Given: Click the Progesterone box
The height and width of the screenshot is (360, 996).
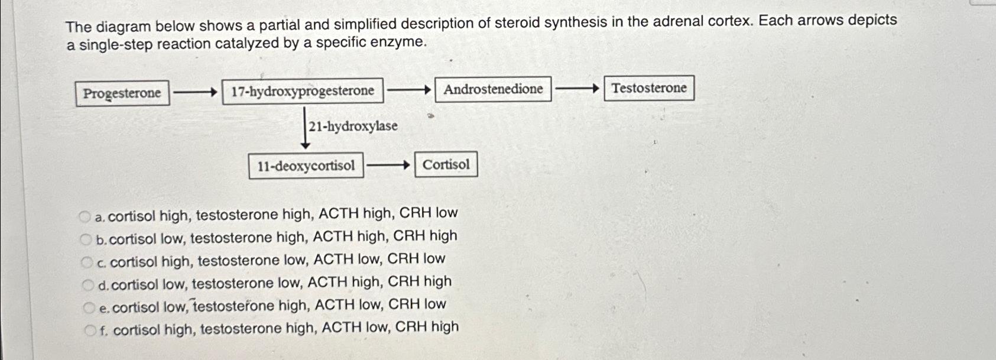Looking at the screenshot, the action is point(122,93).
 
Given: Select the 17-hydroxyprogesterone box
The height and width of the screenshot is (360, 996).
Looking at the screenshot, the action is point(303,91).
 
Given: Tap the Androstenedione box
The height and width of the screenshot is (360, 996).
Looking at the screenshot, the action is point(493,89).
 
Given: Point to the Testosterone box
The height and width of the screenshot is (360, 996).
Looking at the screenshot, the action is point(648,88).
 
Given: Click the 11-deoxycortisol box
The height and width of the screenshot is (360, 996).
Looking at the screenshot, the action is point(306,166).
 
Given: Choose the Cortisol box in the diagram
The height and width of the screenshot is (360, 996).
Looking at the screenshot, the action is point(446,164).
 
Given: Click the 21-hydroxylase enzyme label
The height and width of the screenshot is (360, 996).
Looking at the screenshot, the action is point(353,126).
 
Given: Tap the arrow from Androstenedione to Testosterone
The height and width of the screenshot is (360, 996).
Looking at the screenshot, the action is point(578,89).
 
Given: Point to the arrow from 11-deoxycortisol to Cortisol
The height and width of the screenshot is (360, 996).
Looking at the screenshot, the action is point(388,166).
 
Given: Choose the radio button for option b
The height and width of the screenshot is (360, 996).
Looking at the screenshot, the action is point(86,239).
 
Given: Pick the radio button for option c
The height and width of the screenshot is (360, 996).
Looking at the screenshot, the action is point(87,262).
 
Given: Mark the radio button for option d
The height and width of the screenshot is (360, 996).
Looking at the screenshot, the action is point(87,285).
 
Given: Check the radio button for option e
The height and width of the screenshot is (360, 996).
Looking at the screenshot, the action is point(89,307).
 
